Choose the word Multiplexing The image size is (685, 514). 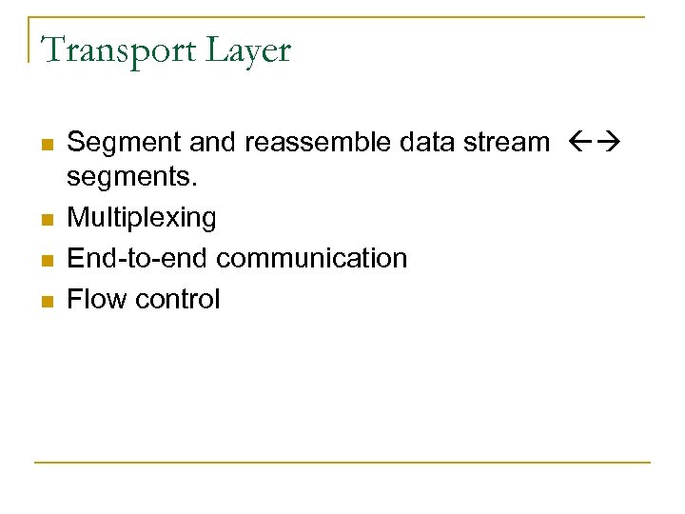point(142,219)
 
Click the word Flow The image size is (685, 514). point(97,299)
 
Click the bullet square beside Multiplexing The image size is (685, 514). point(46,220)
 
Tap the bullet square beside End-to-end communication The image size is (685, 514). point(46,260)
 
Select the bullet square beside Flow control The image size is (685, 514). point(46,301)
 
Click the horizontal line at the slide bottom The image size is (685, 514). point(342,464)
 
